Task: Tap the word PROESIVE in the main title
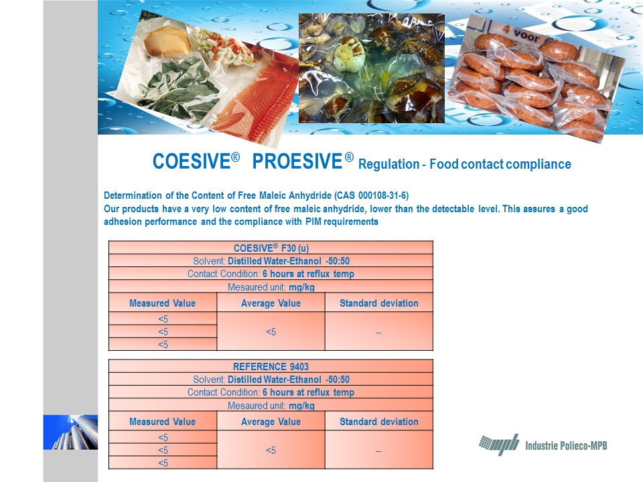coord(297,161)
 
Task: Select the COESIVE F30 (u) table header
coord(271,248)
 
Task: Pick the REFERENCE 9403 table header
coord(271,366)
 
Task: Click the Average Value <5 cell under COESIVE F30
coord(271,331)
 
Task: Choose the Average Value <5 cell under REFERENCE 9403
coord(271,450)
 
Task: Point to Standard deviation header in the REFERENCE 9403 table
coord(379,421)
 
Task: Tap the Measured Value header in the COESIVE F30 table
coord(162,303)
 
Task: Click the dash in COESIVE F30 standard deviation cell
coord(378,333)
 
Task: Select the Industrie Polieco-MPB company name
coord(566,446)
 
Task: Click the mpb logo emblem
coord(499,445)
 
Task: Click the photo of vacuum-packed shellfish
coord(372,68)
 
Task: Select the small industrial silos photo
coord(70,432)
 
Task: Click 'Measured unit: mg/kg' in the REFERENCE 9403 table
coord(271,406)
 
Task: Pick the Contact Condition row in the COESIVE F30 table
coord(271,274)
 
